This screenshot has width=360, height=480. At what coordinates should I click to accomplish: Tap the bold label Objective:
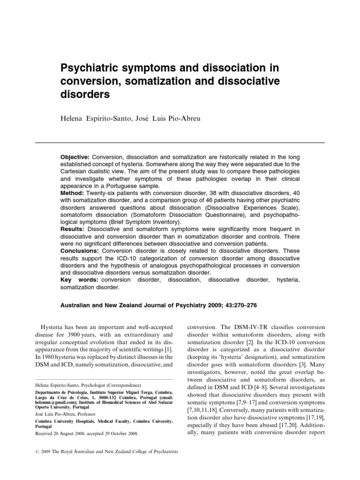pos(75,156)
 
